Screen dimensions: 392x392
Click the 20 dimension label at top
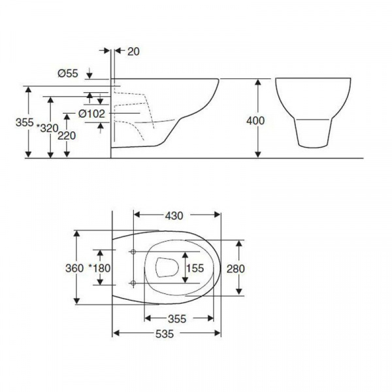point(133,52)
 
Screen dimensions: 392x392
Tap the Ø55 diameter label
point(68,73)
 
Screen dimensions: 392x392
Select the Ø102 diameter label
point(91,114)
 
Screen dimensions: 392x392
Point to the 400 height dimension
point(255,121)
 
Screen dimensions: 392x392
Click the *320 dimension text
point(48,128)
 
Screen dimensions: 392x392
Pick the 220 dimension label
point(67,136)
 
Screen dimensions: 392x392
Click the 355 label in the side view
point(25,123)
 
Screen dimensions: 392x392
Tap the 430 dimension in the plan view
point(174,216)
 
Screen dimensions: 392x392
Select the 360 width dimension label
point(74,269)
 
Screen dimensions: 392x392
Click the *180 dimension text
point(100,269)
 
